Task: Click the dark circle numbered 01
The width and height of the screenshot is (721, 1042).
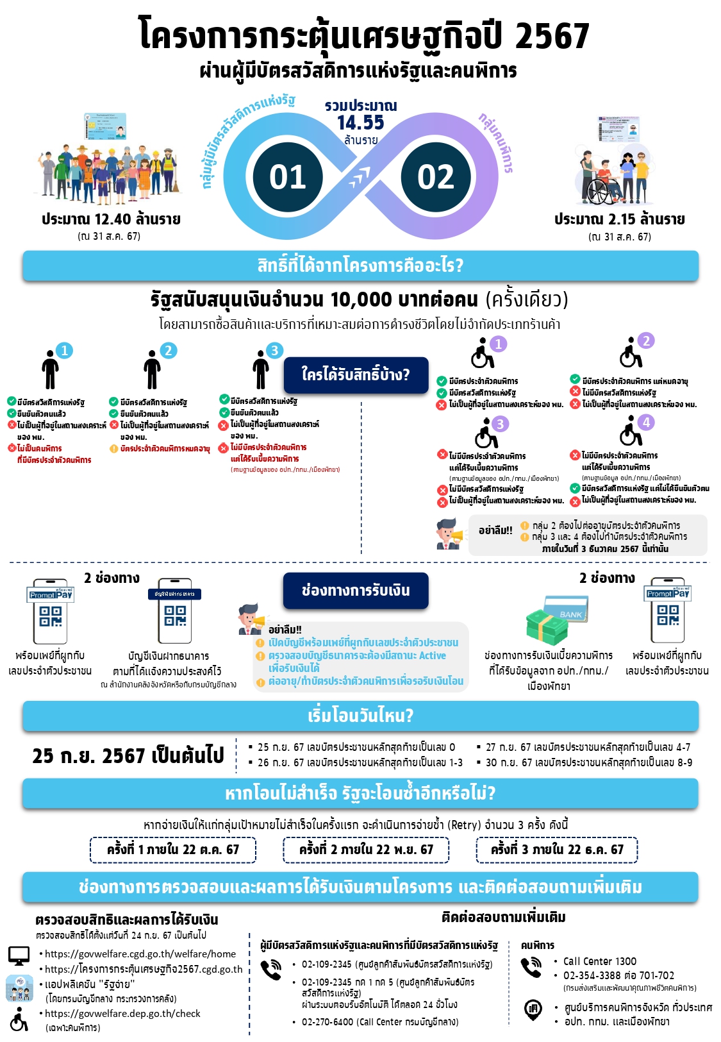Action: coord(287,177)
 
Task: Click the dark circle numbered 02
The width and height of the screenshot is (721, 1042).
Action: coord(436,177)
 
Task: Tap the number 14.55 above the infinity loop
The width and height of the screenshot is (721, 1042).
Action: coord(360,122)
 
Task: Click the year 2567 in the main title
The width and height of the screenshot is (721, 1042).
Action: coord(551,36)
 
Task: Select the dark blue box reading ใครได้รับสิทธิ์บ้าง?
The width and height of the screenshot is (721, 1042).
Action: coord(356,374)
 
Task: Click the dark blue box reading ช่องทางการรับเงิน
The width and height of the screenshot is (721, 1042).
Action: coord(356,590)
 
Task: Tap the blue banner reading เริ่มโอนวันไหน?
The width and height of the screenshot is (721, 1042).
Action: coord(360,716)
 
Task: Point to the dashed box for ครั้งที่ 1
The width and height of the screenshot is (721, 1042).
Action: coord(173,850)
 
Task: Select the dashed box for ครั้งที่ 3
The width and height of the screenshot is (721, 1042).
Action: coord(557,850)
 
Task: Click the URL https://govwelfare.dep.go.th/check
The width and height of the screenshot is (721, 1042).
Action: coord(122,1013)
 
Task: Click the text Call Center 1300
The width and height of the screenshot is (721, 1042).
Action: coord(600,961)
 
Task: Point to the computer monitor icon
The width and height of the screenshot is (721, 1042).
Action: coord(19,955)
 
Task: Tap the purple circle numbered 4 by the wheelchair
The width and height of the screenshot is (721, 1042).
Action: coord(646,422)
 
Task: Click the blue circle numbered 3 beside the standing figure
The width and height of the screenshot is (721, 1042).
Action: coord(274,350)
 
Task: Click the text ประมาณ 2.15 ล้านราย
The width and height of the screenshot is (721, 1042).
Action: coord(619,219)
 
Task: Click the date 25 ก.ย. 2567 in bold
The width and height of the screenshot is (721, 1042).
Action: coord(128,755)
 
